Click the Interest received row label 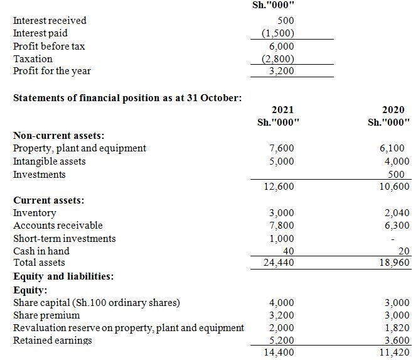(50, 20)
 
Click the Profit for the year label (51, 71)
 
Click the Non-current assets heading (59, 135)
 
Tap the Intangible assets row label (50, 161)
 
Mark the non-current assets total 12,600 (279, 187)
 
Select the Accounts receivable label (58, 226)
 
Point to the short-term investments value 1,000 (281, 239)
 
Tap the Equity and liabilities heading (63, 276)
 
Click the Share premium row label (46, 315)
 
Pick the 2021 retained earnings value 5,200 (281, 341)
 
